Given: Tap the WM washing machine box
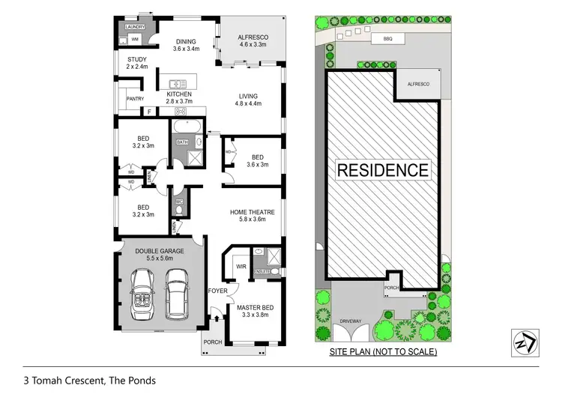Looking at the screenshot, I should tap(136, 39).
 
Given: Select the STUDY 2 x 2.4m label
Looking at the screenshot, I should tap(137, 63).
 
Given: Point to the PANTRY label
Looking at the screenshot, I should tap(135, 98).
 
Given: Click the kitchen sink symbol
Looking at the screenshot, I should tap(178, 83).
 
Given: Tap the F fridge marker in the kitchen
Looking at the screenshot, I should tap(150, 112).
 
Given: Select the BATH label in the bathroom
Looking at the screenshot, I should tap(182, 142).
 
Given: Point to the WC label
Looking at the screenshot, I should tap(180, 201).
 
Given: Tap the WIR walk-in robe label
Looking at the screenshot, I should tap(241, 266).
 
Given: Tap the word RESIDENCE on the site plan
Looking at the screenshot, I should tap(383, 170).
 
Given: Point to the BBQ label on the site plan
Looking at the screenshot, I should tap(387, 37).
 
